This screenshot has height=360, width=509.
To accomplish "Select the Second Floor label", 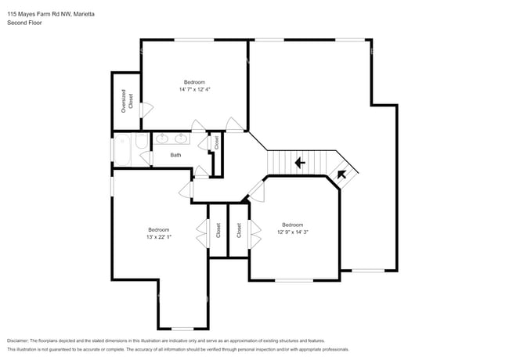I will tap(24, 23).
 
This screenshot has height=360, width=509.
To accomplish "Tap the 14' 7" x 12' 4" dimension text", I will tap(194, 90).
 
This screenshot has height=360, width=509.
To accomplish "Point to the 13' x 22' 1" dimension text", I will tap(159, 237).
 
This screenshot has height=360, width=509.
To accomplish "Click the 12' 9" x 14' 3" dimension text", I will tap(293, 232).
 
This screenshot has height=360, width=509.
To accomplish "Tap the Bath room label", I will tap(176, 155).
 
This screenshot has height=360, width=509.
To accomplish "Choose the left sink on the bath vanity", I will tap(163, 139).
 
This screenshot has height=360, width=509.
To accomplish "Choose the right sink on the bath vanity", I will tap(182, 139).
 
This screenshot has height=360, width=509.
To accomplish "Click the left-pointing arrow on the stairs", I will tap(298, 163).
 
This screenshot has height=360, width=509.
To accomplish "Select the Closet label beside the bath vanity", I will tap(217, 143).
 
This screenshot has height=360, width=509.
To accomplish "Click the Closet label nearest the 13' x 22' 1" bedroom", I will tap(218, 230).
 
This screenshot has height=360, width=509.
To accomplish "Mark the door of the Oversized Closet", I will tap(141, 111).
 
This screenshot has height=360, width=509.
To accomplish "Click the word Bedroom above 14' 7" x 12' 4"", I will tap(194, 82).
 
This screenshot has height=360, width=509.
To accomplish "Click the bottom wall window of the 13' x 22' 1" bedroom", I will tap(182, 328).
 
